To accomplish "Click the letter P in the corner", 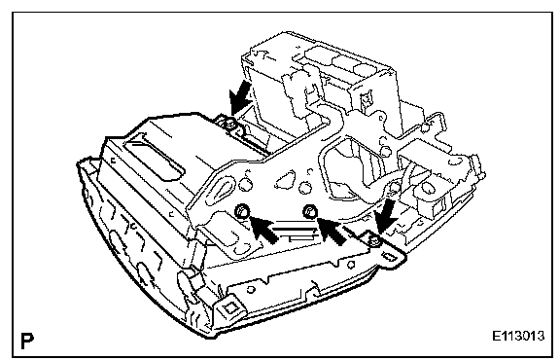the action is coord(27,341).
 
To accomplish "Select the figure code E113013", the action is coord(518,336).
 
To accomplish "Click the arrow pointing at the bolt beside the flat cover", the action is coord(239,96).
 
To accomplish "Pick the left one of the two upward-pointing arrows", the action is coord(263,230).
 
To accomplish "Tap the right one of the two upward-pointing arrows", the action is coord(332,231).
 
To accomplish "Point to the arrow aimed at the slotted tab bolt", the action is coord(386,216).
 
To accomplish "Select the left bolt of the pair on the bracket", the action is coord(242,211).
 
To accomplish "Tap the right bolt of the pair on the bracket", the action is coord(309,212).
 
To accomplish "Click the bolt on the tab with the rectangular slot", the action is coord(374,241).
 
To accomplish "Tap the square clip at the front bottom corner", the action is coord(229,307).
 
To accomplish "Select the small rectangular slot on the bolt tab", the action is coord(391,257).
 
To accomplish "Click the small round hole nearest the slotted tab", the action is coord(351,265).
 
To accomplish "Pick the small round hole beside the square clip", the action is coord(251,289).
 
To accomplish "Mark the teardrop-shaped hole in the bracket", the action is coord(285,179).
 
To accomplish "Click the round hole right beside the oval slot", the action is coord(245,185).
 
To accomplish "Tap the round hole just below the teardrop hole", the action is coord(304,189).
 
